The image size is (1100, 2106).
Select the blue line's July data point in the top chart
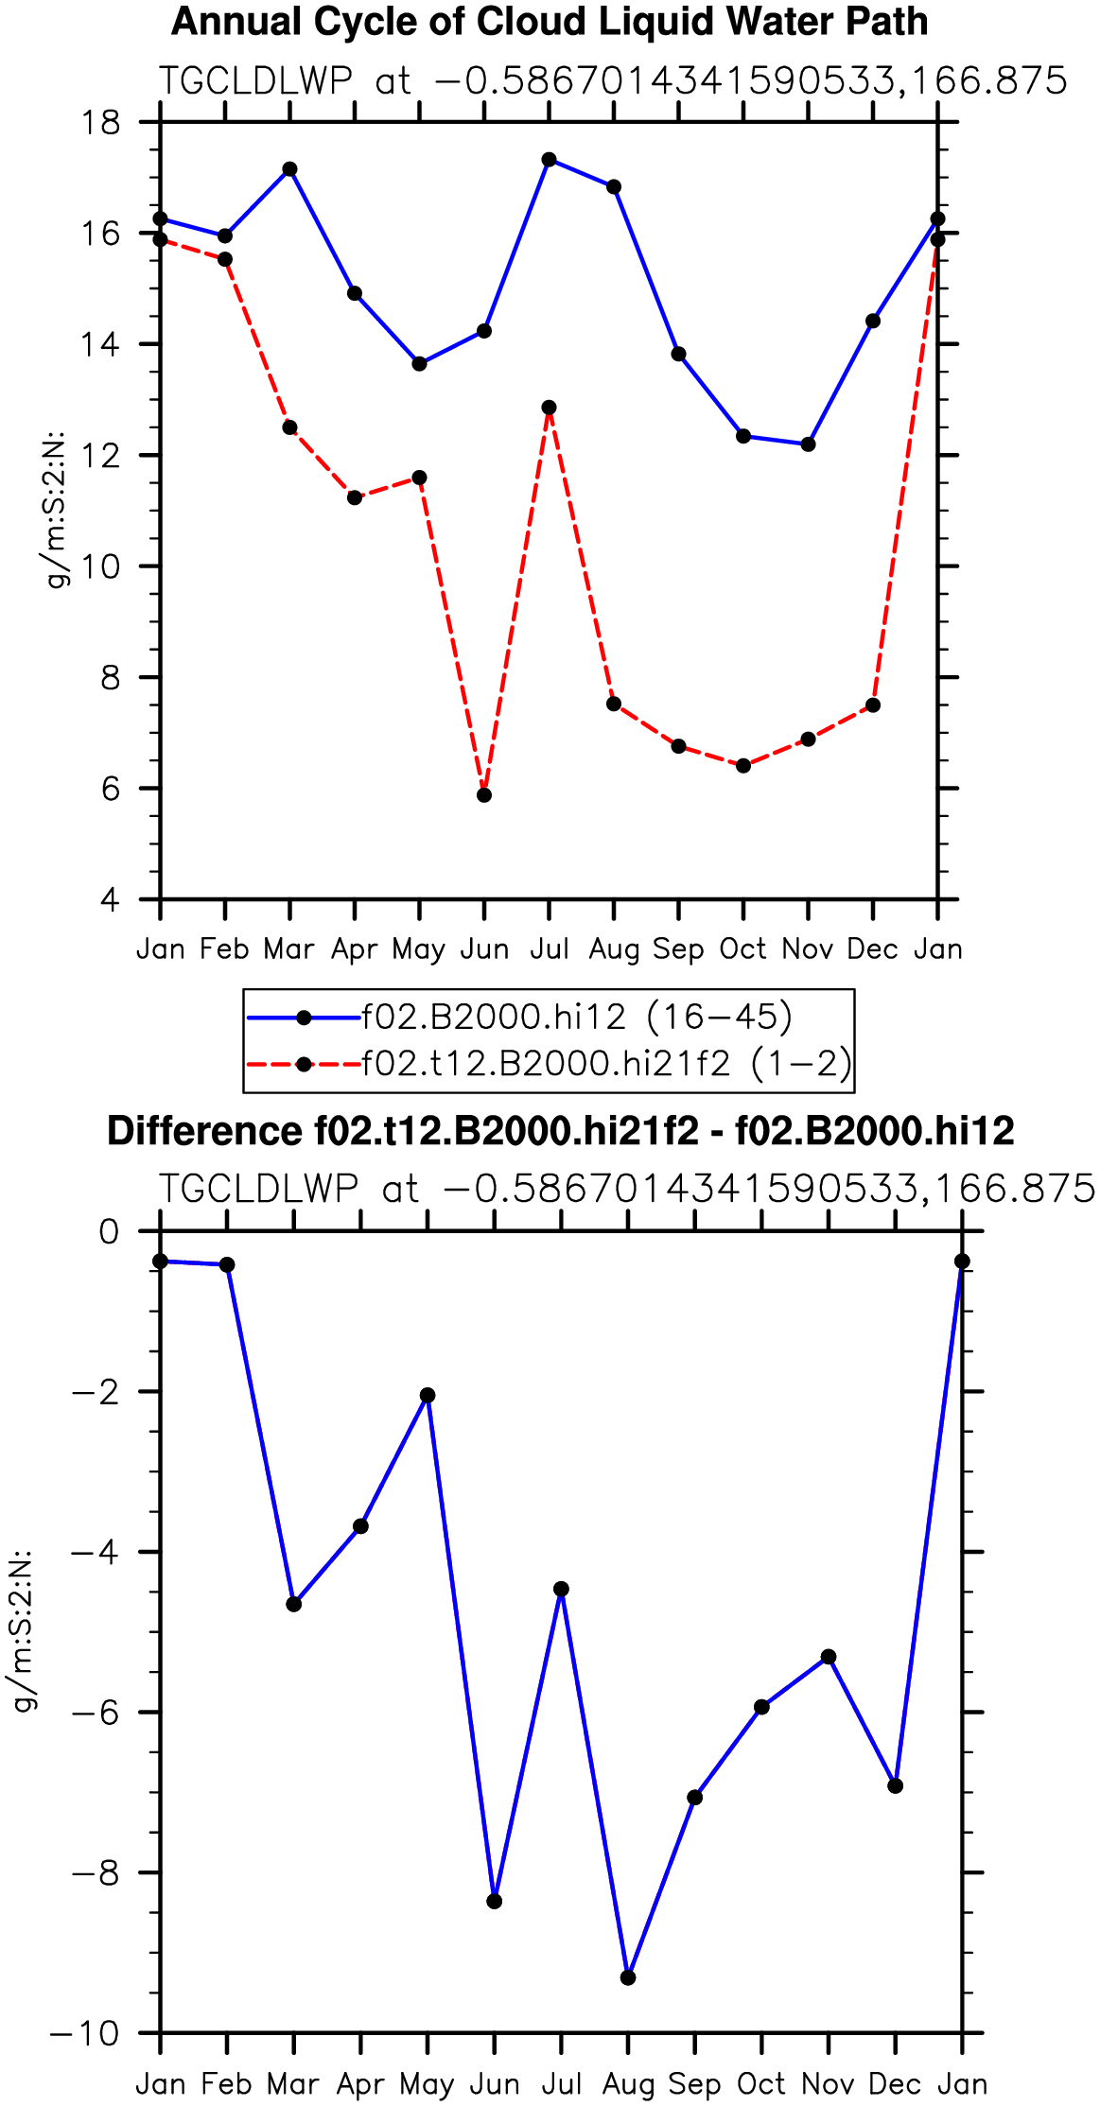(x=549, y=159)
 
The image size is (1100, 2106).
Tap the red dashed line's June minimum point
(x=484, y=795)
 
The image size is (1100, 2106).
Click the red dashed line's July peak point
(x=549, y=408)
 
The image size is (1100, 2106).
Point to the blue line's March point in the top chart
(x=289, y=169)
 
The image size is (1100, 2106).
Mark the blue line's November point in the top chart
(x=808, y=444)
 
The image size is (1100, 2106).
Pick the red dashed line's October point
(x=743, y=766)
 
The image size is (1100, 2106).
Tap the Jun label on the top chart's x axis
(x=484, y=949)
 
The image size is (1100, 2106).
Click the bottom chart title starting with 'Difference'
(x=561, y=1131)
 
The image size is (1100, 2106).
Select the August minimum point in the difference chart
(x=628, y=1978)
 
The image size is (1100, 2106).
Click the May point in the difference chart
(x=428, y=1395)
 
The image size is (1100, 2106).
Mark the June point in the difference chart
(x=495, y=1902)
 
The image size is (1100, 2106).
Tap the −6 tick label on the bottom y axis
(x=96, y=1713)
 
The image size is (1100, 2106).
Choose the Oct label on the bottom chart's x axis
(x=761, y=2084)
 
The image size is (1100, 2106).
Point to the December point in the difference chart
(x=895, y=1785)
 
